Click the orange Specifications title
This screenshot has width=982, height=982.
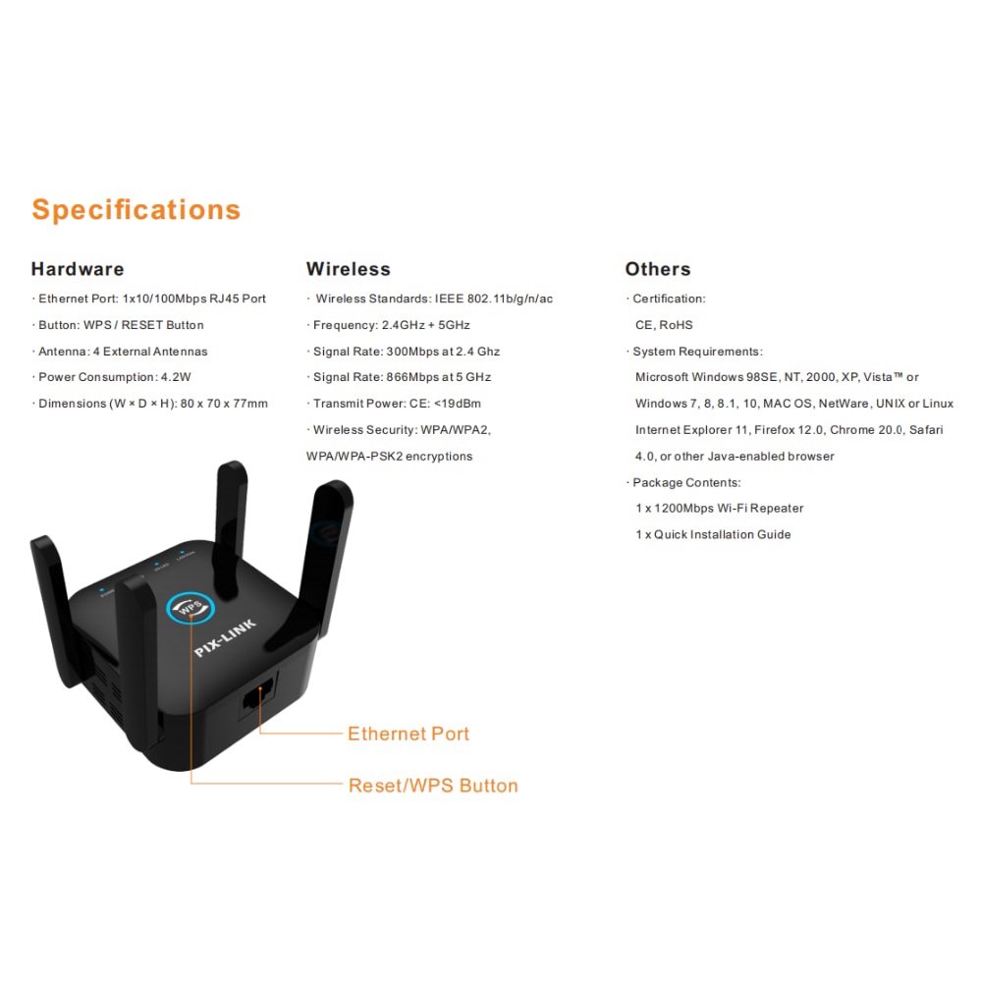136,209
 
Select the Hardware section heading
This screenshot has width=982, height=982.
78,269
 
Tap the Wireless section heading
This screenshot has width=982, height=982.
348,269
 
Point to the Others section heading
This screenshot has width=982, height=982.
657,269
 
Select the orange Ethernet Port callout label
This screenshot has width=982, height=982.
409,734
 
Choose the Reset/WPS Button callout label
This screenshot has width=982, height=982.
433,786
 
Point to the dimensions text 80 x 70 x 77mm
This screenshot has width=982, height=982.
223,404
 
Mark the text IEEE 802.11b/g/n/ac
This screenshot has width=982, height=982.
494,299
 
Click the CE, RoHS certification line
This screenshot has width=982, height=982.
664,325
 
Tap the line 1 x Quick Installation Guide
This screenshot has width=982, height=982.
713,535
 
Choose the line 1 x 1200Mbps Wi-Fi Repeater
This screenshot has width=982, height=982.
719,509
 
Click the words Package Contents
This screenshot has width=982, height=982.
686,482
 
